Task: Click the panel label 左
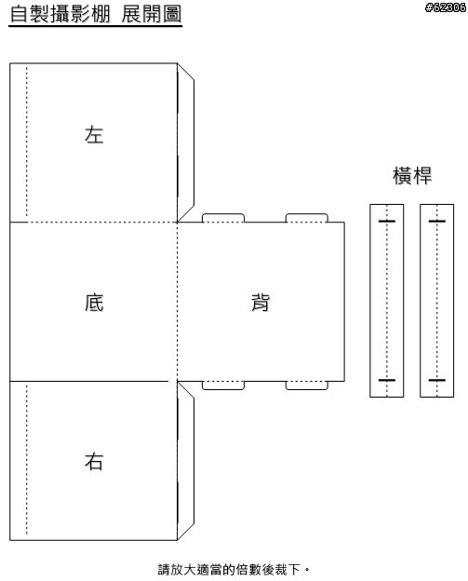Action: pyautogui.click(x=94, y=134)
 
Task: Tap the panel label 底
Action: pyautogui.click(x=94, y=302)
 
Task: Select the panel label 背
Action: pyautogui.click(x=261, y=302)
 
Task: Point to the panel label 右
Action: pyautogui.click(x=94, y=461)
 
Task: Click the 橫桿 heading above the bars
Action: pyautogui.click(x=412, y=176)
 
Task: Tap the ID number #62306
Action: pyautogui.click(x=446, y=7)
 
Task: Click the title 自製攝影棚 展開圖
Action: pyautogui.click(x=96, y=15)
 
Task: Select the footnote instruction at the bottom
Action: pyautogui.click(x=234, y=570)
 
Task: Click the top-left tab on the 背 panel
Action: pyautogui.click(x=223, y=218)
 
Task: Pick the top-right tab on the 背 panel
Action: pyautogui.click(x=306, y=218)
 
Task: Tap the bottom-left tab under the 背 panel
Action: pyautogui.click(x=223, y=385)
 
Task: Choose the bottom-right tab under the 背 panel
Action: pyautogui.click(x=306, y=385)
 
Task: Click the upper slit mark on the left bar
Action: pyautogui.click(x=386, y=222)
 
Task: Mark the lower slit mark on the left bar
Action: pyautogui.click(x=386, y=380)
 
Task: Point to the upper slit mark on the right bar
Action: pyautogui.click(x=437, y=222)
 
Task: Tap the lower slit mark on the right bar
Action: pyautogui.click(x=437, y=380)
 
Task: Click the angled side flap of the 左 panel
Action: pyautogui.click(x=186, y=142)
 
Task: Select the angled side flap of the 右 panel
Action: pyautogui.click(x=186, y=461)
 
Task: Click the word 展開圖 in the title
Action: pyautogui.click(x=152, y=15)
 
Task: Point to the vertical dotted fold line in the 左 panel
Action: pyautogui.click(x=27, y=142)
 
